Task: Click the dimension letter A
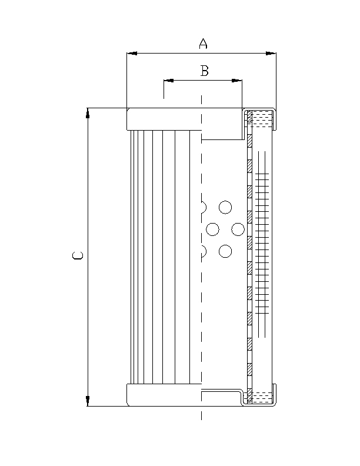203,43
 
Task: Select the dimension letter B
204,71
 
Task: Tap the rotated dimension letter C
78,256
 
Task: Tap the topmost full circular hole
225,207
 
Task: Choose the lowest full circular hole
225,252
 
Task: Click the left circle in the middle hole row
213,229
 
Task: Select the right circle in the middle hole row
238,229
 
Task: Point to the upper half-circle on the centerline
204,207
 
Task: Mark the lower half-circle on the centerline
204,252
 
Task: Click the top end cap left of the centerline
164,119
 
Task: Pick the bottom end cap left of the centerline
164,395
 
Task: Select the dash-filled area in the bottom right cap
263,397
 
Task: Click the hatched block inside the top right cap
249,118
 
